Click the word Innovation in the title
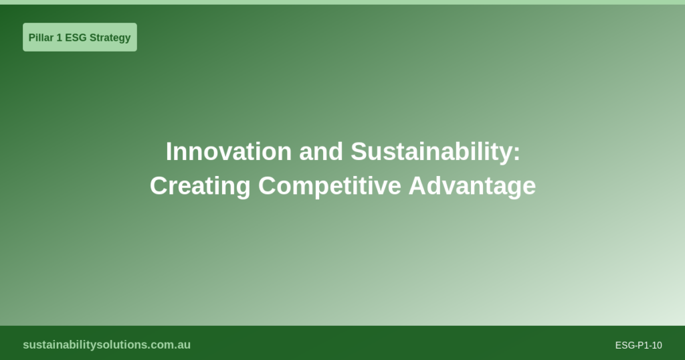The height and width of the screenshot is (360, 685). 229,152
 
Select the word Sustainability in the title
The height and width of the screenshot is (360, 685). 431,152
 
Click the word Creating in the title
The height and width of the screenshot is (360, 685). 200,186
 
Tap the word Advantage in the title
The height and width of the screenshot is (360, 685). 472,186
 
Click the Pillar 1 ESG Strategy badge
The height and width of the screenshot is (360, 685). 80,37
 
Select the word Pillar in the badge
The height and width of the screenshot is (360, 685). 41,37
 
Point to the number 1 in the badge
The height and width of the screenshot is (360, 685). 60,37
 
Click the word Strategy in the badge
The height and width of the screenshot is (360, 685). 110,37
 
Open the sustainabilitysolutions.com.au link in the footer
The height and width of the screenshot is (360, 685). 106,345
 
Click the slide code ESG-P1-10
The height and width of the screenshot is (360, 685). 638,345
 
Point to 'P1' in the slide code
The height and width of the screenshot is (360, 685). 643,345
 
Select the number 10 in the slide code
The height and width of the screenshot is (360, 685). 657,345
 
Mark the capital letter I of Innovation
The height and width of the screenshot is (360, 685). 169,152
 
